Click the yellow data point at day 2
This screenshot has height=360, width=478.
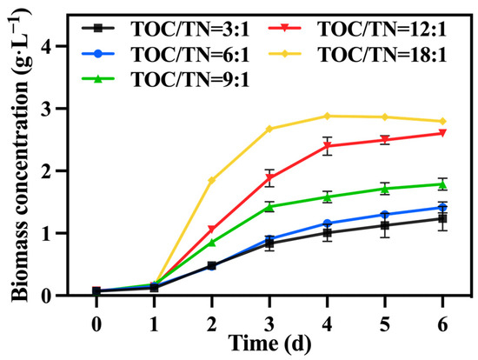coord(211,180)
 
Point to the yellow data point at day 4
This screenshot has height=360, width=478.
coord(328,116)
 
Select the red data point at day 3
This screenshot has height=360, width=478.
coord(269,177)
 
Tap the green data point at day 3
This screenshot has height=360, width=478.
coord(269,207)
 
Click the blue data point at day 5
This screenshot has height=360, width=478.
coord(385,215)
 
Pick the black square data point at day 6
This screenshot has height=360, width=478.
coord(443,218)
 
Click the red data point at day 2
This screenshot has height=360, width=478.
coord(211,230)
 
